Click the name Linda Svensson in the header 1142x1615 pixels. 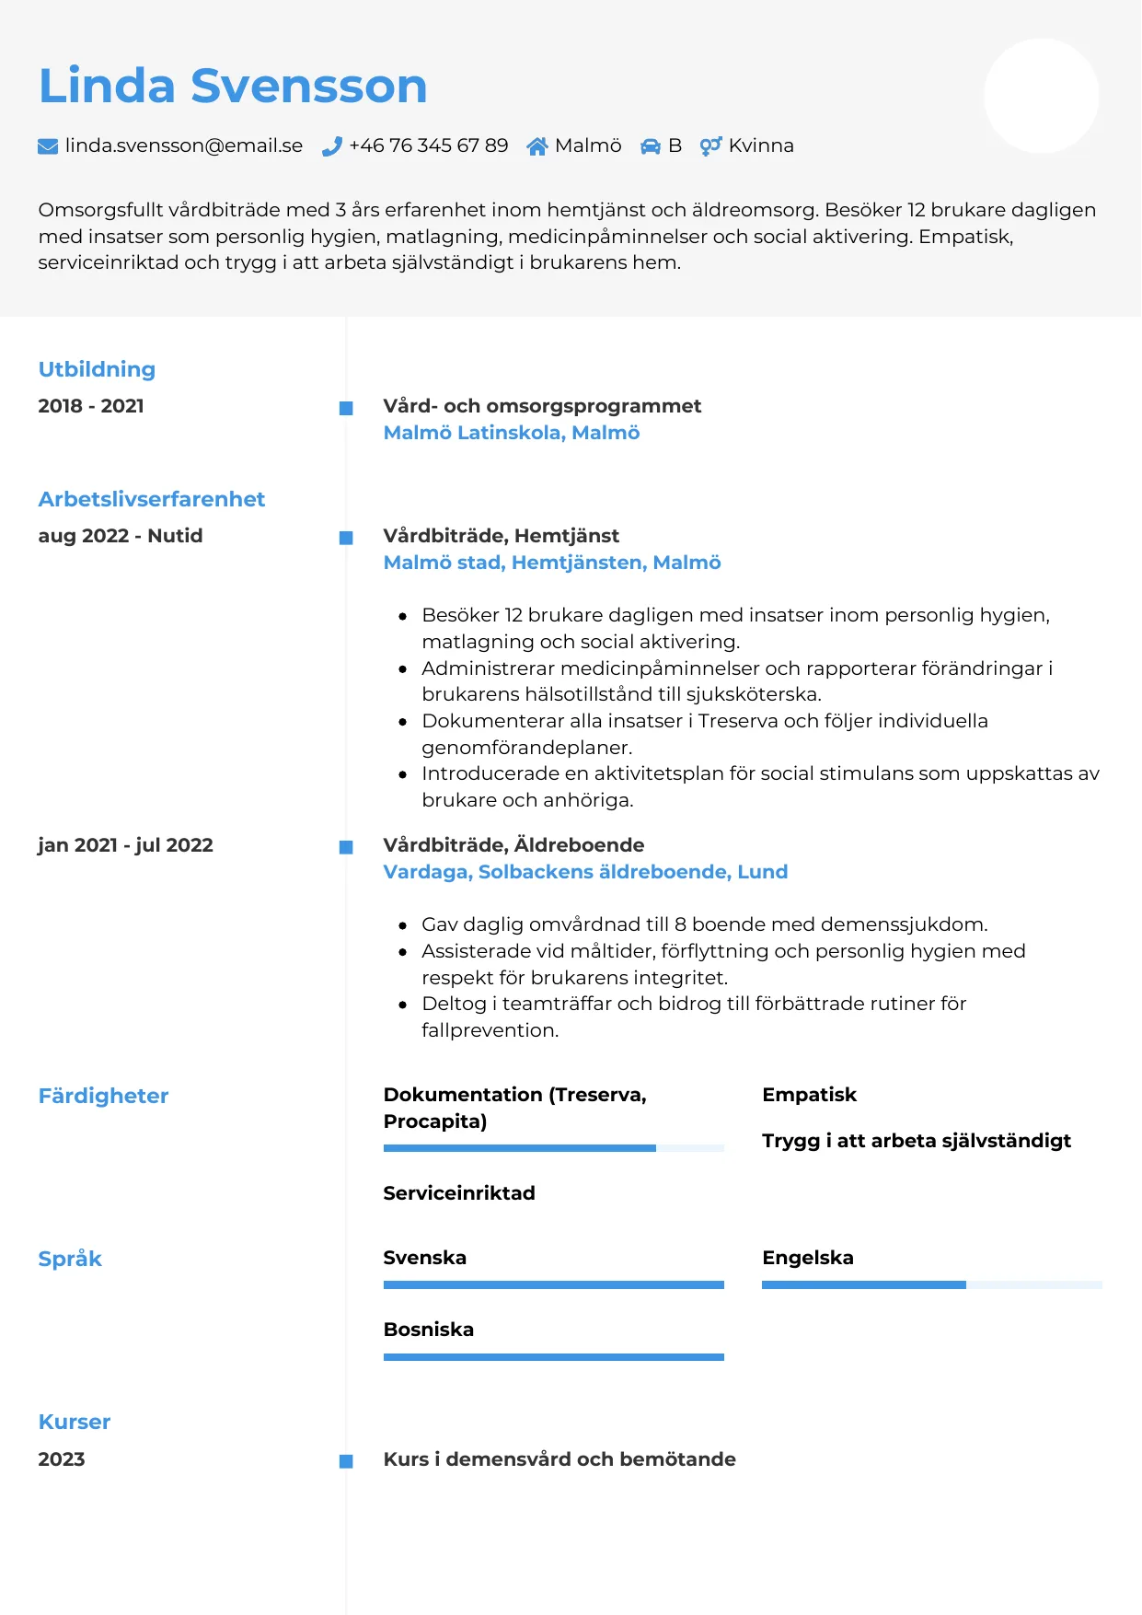pos(233,86)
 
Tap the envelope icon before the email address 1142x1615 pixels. pos(48,146)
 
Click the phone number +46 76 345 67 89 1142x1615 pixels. pos(428,145)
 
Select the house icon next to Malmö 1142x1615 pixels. pos(537,146)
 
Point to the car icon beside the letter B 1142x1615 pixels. pos(651,146)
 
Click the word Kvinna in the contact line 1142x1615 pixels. pos(761,145)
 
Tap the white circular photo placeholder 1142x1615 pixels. pos(1041,96)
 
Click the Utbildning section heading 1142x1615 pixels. pos(97,369)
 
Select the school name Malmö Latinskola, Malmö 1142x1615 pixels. pos(511,433)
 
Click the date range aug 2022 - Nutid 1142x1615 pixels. pos(121,536)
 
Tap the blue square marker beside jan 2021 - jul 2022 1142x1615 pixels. pos(346,847)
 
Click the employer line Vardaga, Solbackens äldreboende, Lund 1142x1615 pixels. pos(585,872)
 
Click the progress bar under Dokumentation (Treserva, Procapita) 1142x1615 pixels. pos(553,1148)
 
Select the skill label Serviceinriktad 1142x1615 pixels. pos(459,1193)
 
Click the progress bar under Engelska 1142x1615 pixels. pos(931,1284)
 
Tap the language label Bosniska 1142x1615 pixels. pos(429,1330)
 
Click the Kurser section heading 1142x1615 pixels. pos(75,1422)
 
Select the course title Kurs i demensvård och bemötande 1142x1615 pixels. pos(559,1459)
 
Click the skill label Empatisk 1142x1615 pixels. pos(809,1095)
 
